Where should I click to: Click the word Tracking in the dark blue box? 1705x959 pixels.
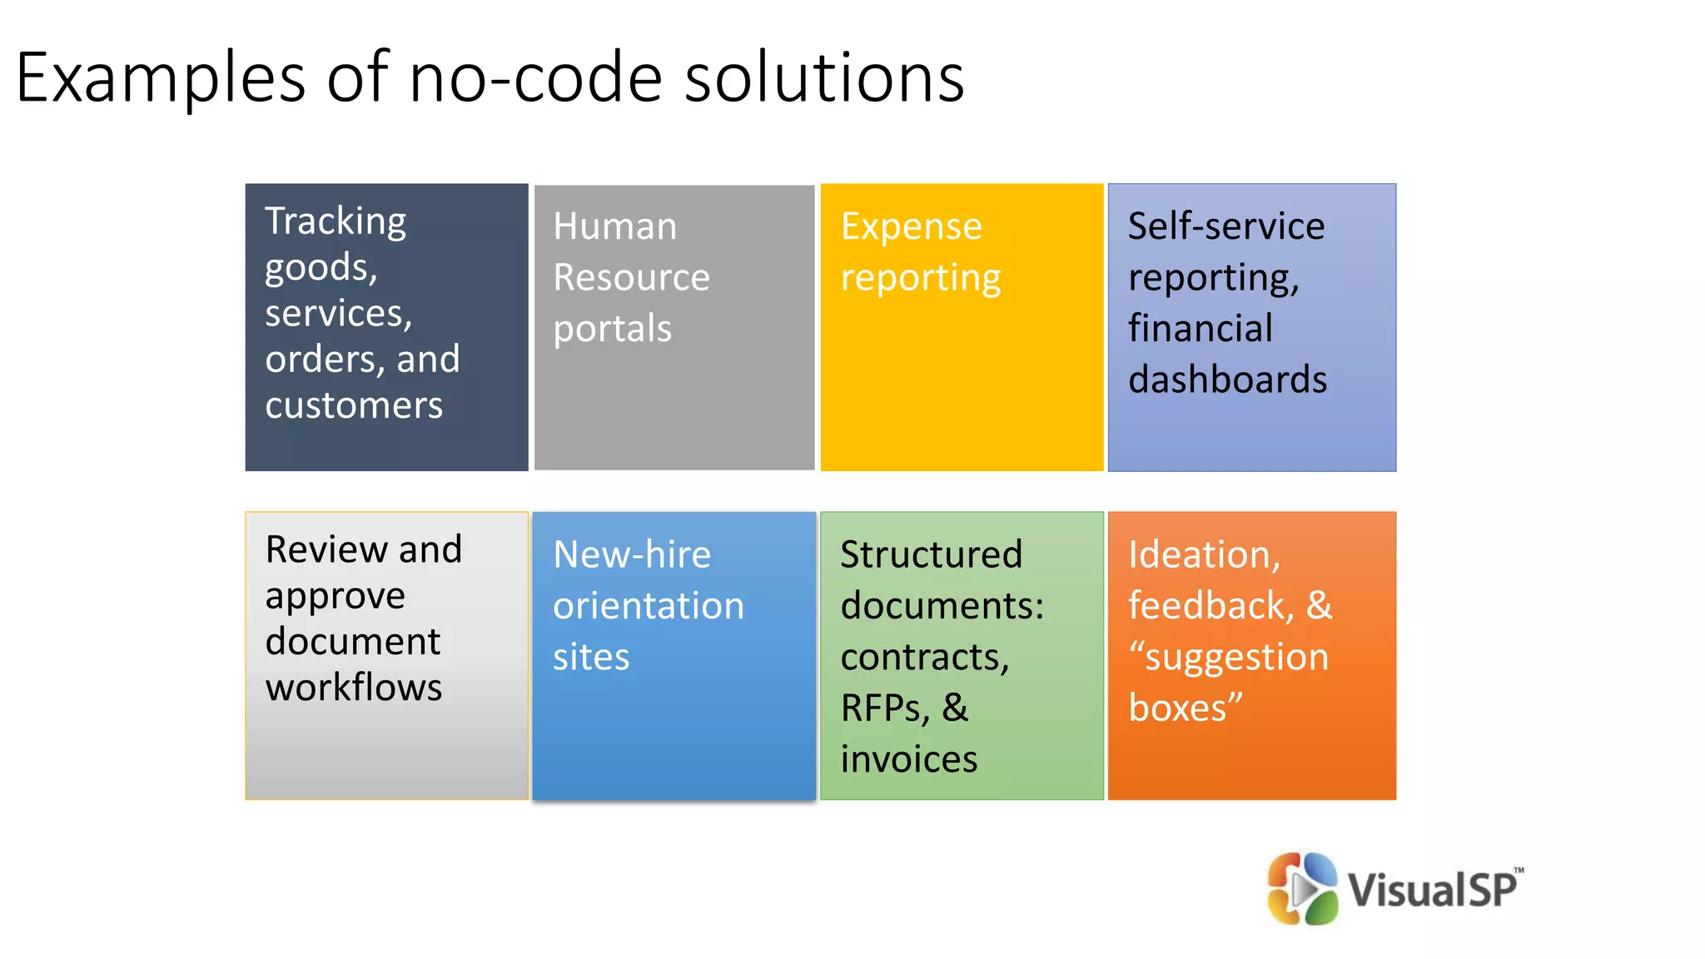pyautogui.click(x=336, y=222)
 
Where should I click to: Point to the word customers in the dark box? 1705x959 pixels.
pyautogui.click(x=354, y=405)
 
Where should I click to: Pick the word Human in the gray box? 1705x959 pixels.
pyautogui.click(x=615, y=226)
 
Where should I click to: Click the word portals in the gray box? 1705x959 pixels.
pyautogui.click(x=612, y=330)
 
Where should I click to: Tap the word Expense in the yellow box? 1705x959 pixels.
pyautogui.click(x=912, y=226)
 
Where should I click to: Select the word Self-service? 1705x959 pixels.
pyautogui.click(x=1225, y=226)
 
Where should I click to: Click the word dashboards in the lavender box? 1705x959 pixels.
pyautogui.click(x=1227, y=380)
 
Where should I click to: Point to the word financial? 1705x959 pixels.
pyautogui.click(x=1200, y=329)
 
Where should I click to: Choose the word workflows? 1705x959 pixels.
pyautogui.click(x=354, y=688)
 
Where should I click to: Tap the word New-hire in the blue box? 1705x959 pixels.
pyautogui.click(x=632, y=555)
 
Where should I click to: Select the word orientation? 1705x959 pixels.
pyautogui.click(x=649, y=606)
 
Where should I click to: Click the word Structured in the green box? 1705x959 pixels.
pyautogui.click(x=931, y=555)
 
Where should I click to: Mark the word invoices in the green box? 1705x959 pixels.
pyautogui.click(x=909, y=760)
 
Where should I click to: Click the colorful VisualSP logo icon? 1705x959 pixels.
pyautogui.click(x=1302, y=889)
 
